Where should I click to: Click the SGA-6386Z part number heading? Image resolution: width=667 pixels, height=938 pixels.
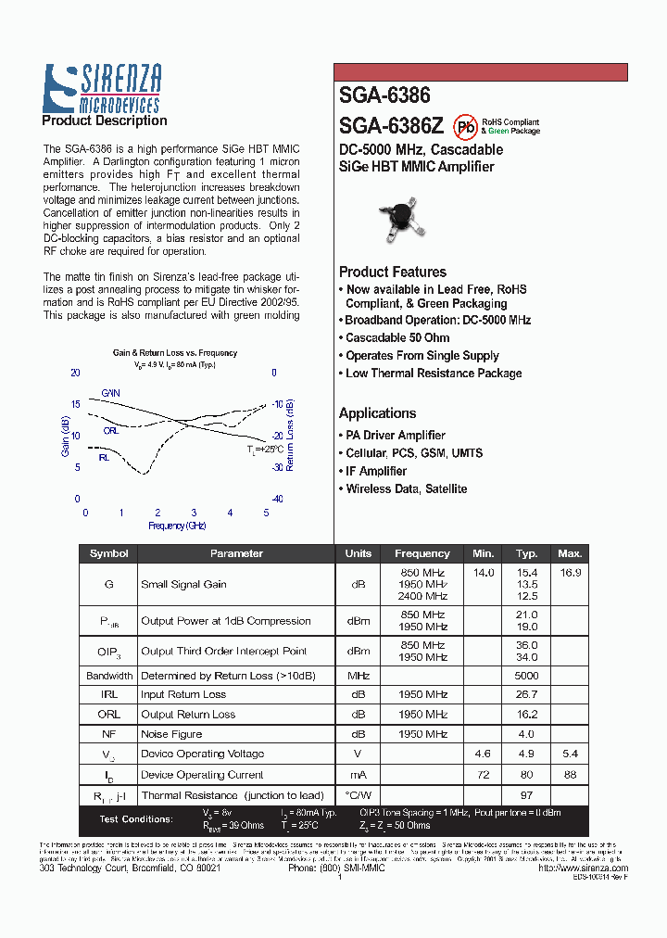[391, 126]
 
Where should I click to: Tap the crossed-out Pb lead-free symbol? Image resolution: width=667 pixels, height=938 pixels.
[466, 127]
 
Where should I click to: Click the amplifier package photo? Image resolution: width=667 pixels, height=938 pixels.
[401, 219]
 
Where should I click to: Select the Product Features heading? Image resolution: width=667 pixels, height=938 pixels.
[393, 272]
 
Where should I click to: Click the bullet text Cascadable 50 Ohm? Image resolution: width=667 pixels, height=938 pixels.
[397, 338]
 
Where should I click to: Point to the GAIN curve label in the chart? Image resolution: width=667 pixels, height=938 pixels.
[110, 393]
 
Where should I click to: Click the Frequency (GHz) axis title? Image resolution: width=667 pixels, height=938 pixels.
[177, 526]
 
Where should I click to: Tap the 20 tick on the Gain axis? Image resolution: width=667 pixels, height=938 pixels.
[75, 373]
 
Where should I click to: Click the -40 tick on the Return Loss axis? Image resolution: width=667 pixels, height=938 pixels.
[276, 499]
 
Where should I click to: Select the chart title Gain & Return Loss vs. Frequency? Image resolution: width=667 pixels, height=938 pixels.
[175, 353]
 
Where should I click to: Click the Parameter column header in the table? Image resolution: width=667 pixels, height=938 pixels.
[236, 553]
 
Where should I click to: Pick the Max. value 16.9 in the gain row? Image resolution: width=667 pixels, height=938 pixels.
[571, 573]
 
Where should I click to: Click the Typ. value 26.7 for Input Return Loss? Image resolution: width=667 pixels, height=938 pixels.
[526, 694]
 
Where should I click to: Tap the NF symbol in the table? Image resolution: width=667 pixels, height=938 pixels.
[108, 734]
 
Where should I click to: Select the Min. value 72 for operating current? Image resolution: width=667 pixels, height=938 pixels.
[483, 775]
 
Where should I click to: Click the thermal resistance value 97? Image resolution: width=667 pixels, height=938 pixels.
[526, 795]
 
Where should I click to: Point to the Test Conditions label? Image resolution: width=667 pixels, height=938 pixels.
[136, 819]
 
